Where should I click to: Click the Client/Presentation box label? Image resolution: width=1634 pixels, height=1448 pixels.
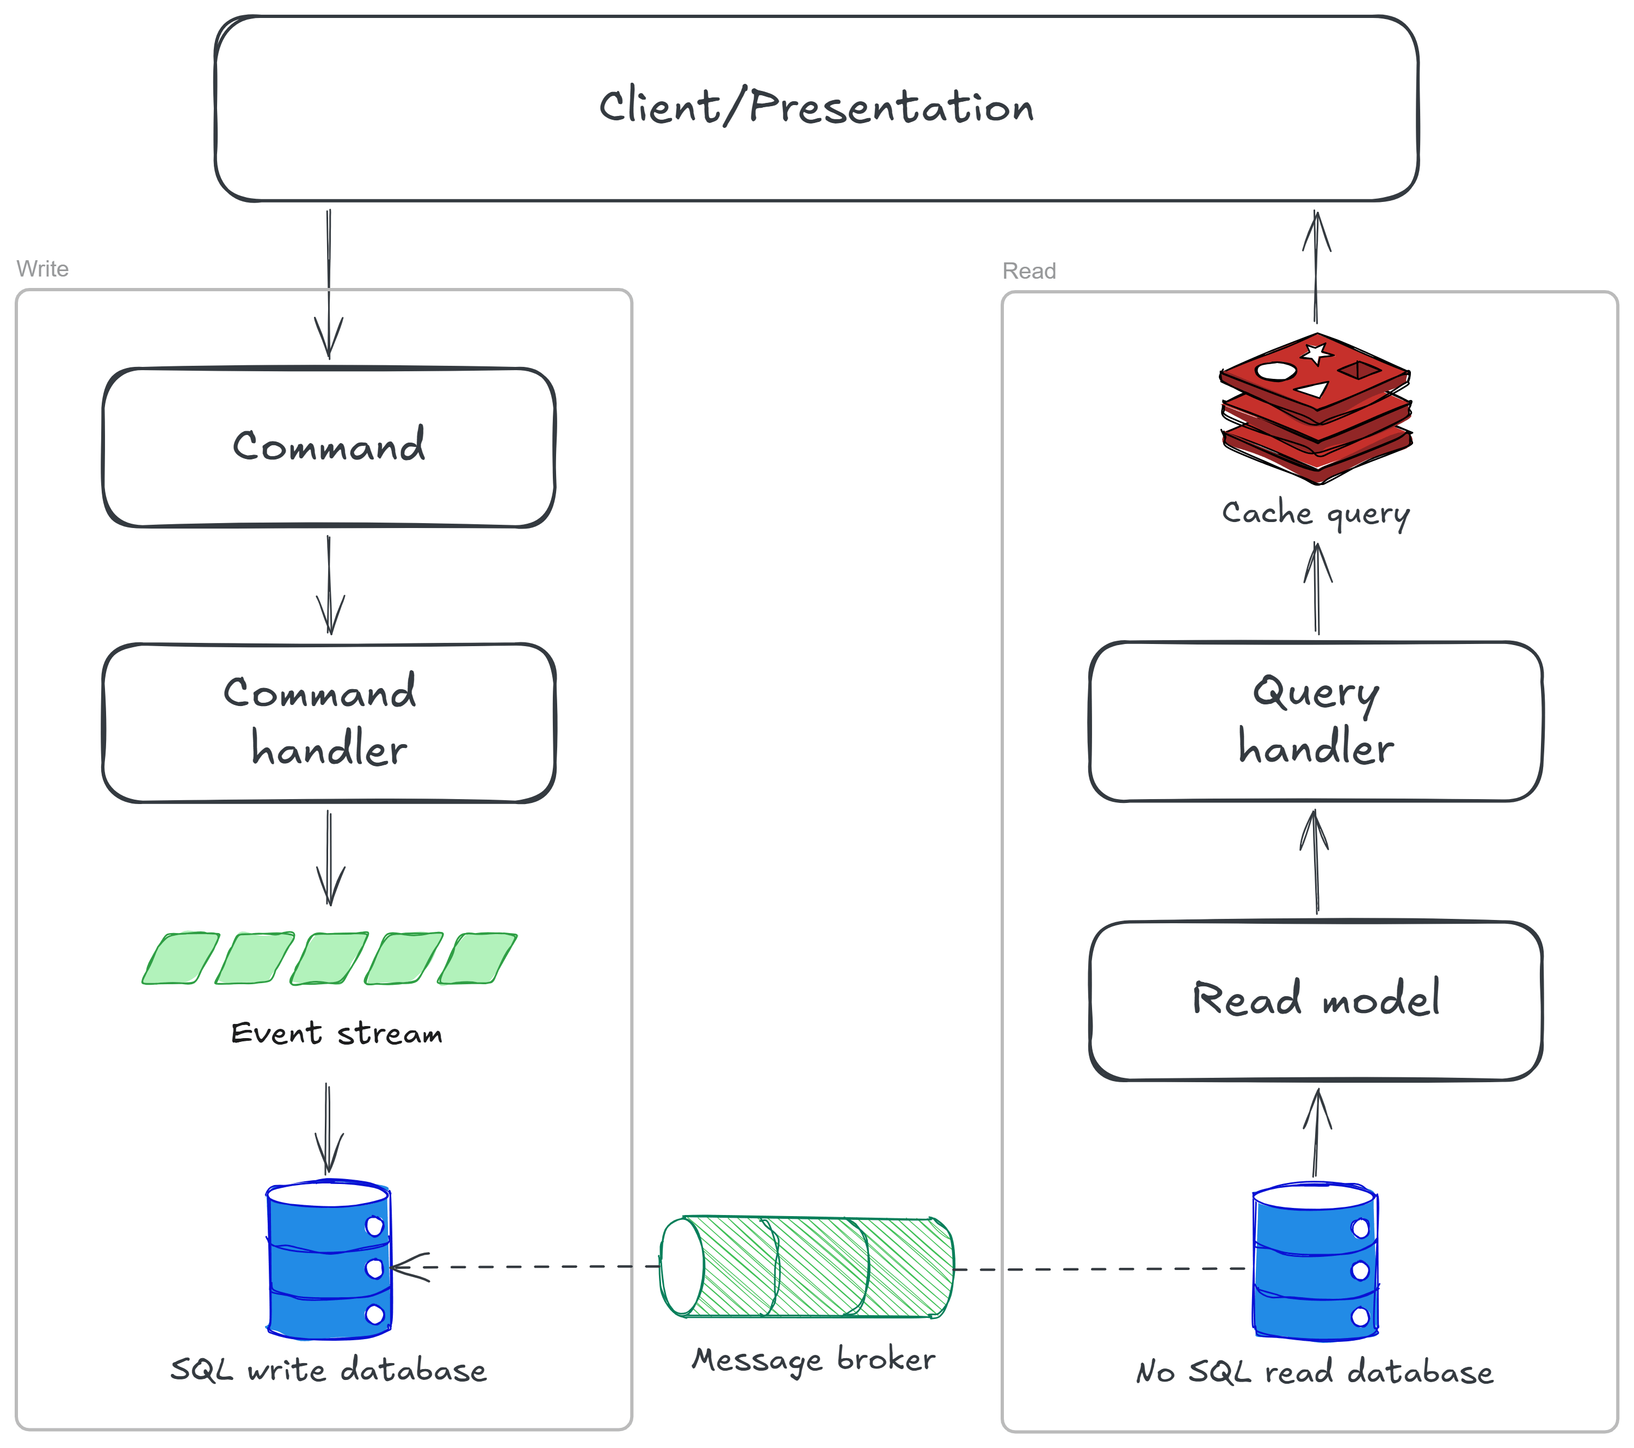(816, 106)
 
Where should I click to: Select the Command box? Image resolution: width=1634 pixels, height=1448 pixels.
(329, 447)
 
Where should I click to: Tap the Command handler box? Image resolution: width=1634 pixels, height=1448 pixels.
(329, 723)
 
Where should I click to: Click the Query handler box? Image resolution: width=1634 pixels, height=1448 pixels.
(1316, 721)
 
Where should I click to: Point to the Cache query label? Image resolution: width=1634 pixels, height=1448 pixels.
(1316, 513)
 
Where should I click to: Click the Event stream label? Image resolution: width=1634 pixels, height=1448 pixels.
(337, 1033)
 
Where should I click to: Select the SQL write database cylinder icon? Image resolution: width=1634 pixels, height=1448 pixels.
(329, 1259)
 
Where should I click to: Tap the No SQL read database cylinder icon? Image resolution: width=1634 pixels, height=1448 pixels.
(1315, 1261)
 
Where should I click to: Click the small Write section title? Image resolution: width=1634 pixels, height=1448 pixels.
(42, 269)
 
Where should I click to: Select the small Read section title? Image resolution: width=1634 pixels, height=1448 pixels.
(1029, 271)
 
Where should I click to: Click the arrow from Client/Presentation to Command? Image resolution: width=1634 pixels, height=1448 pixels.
(329, 284)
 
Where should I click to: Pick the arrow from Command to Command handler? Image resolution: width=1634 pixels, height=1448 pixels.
(329, 585)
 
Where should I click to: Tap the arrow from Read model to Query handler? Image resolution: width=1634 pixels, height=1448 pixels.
(1315, 861)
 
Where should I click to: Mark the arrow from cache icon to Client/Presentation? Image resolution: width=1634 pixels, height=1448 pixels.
(1316, 266)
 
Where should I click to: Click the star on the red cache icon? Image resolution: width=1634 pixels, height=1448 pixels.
(1317, 353)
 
